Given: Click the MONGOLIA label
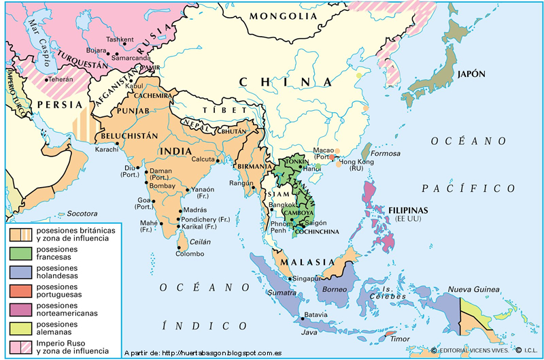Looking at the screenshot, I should [x=283, y=16].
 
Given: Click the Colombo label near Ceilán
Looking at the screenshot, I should [x=190, y=254].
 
